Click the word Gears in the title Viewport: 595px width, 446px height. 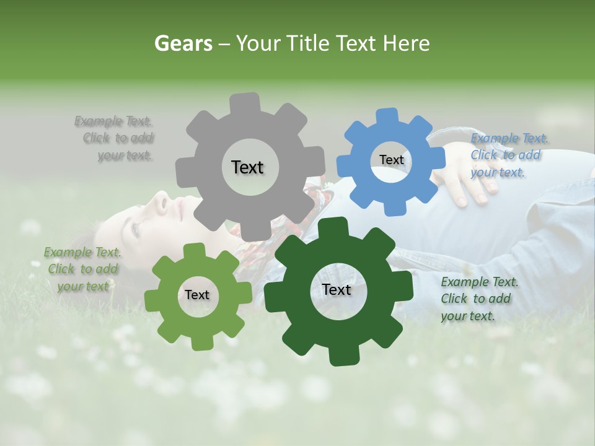coord(183,43)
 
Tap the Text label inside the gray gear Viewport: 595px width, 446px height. coord(247,167)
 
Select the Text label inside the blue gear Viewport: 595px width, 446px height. coord(391,160)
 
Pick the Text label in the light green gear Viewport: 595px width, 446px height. coord(197,295)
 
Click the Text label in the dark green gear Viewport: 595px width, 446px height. coord(337,289)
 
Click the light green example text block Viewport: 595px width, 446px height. coord(82,269)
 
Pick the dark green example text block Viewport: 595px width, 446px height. coord(478,299)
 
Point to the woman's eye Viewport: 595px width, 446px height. coord(136,227)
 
